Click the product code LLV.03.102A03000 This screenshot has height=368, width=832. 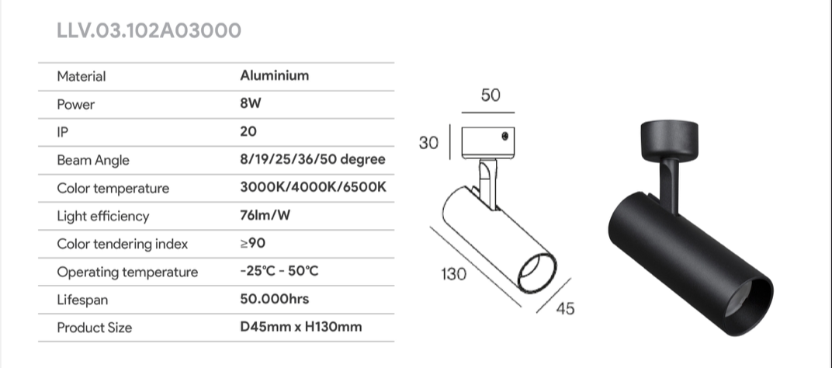pos(148,31)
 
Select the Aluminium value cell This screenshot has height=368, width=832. pos(274,75)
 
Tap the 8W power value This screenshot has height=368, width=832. pos(251,103)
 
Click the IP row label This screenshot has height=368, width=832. pos(63,132)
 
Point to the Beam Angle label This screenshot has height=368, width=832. pos(93,161)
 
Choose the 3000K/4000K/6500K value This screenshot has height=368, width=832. pos(313,187)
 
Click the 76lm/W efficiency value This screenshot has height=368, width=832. pos(265,215)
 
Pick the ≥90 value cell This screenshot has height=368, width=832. pos(252,243)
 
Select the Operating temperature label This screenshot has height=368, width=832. pos(127,272)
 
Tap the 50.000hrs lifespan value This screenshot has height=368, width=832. pos(274,299)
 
